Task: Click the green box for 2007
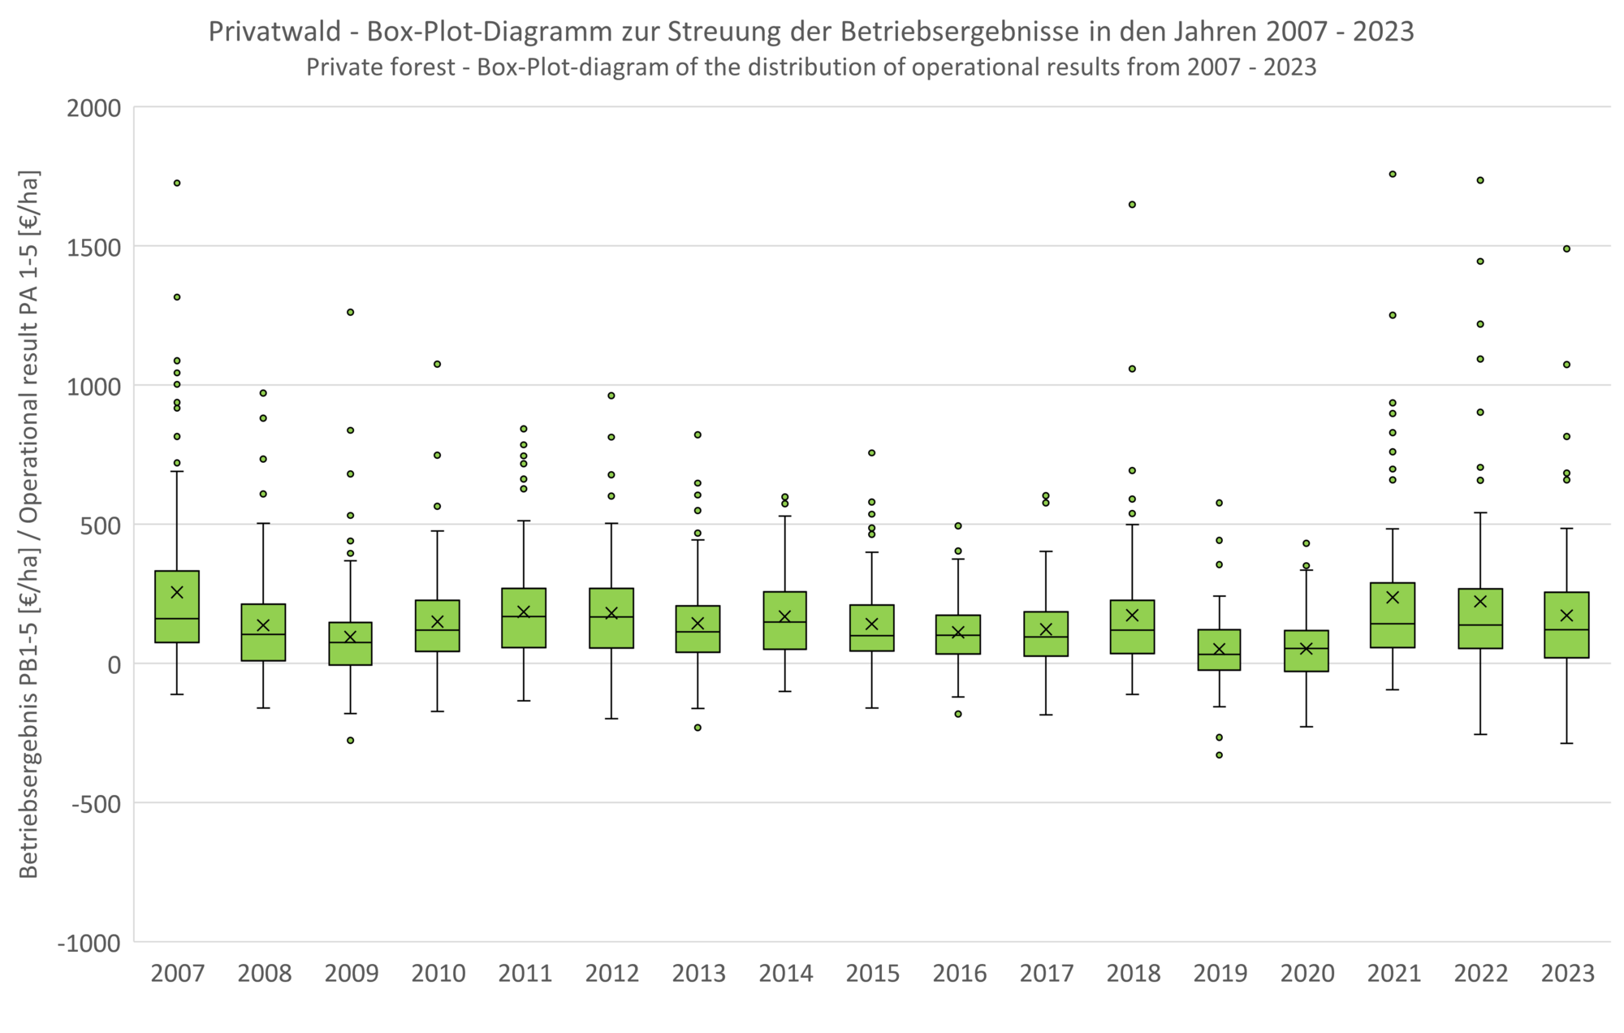[x=177, y=607]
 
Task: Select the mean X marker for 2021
[x=1393, y=598]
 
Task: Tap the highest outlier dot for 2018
[x=1132, y=205]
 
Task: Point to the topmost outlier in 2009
[x=351, y=312]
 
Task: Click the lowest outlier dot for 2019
[x=1219, y=755]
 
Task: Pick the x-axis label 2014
[x=786, y=973]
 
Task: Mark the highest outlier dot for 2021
[x=1393, y=174]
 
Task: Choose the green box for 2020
[x=1306, y=650]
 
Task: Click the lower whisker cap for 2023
[x=1566, y=743]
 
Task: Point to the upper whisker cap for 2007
[x=177, y=471]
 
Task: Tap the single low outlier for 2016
[x=958, y=714]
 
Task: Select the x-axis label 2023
[x=1568, y=973]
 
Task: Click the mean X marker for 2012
[x=611, y=613]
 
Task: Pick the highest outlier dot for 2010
[x=437, y=364]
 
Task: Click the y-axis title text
[x=29, y=524]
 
